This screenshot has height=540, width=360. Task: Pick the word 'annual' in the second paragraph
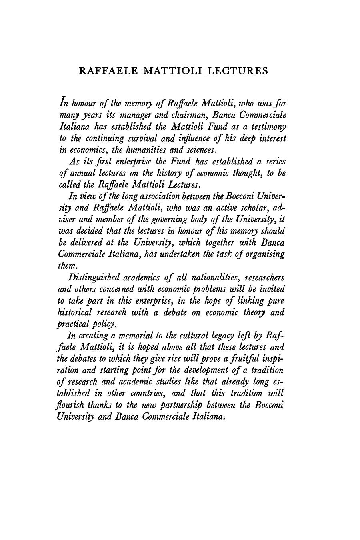point(82,173)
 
